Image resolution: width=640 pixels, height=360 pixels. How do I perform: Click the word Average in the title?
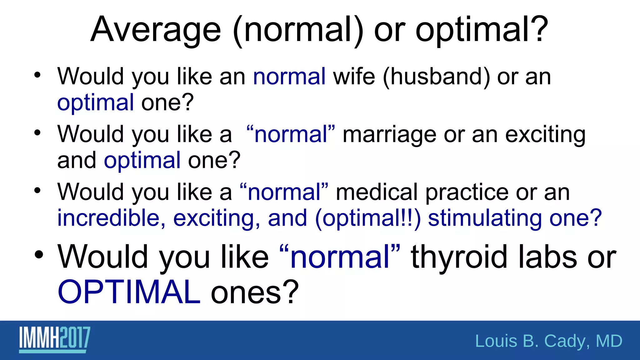pos(156,30)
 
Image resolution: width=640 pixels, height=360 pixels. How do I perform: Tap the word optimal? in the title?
pos(482,30)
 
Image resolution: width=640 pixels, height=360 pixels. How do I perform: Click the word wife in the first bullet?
pos(354,77)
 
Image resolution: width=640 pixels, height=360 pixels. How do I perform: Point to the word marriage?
pos(389,135)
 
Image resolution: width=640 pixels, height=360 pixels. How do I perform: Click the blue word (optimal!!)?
pos(368,218)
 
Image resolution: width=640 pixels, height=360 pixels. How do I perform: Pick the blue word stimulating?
pos(485,218)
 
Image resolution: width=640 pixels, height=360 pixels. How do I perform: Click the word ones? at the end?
pos(255,292)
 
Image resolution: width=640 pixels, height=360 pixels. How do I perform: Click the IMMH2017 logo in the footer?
pos(54,339)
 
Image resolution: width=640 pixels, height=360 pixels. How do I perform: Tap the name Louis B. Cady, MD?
pos(548,341)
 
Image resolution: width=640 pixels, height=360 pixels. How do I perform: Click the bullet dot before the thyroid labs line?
pos(39,254)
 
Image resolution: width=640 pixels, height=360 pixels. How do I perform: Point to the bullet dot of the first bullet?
pos(37,75)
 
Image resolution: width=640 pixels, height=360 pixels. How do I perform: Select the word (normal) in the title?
pos(298,30)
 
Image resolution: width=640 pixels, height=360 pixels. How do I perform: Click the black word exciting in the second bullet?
pos(545,135)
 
